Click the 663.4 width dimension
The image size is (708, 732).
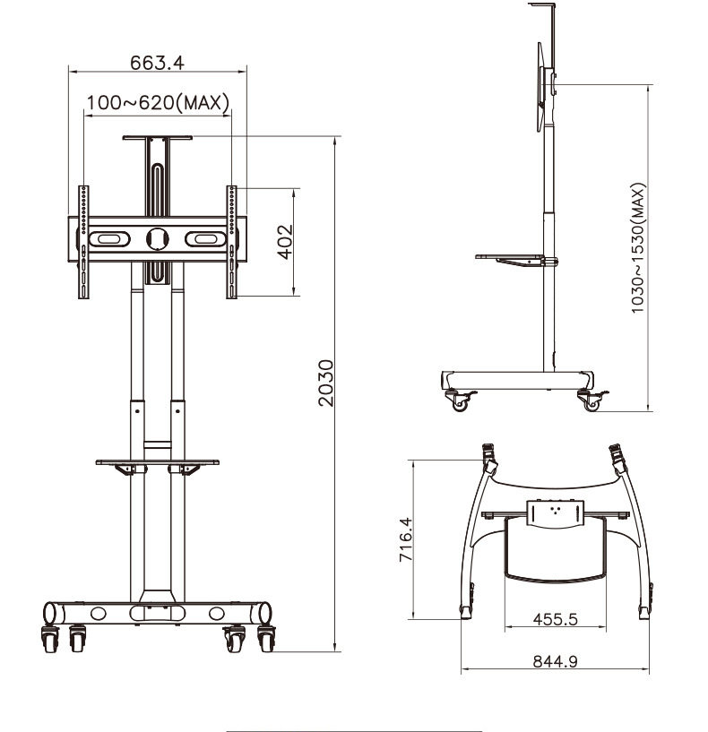[157, 63]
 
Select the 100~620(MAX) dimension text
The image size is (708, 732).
[159, 102]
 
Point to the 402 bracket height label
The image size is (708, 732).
[285, 241]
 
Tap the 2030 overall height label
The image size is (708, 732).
[325, 383]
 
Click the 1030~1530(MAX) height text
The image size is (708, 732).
[637, 248]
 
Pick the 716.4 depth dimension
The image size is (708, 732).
[406, 539]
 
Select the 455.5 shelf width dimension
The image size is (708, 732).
[556, 619]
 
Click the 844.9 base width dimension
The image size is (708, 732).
[556, 661]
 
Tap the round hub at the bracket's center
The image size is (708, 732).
[158, 238]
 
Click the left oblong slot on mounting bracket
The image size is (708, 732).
[109, 239]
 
